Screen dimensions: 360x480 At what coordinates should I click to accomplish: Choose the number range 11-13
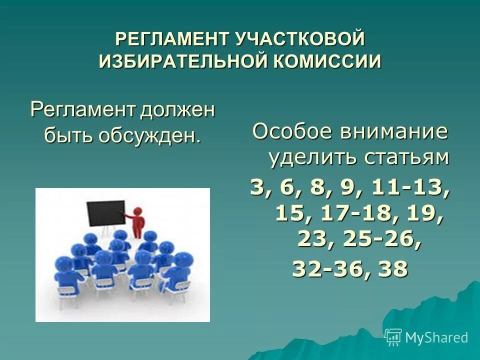[x=407, y=188]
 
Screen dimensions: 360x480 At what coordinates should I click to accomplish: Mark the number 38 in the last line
[x=393, y=269]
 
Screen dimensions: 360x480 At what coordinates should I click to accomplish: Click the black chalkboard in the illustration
[x=105, y=213]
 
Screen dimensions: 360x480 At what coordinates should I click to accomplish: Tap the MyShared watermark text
[x=436, y=337]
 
